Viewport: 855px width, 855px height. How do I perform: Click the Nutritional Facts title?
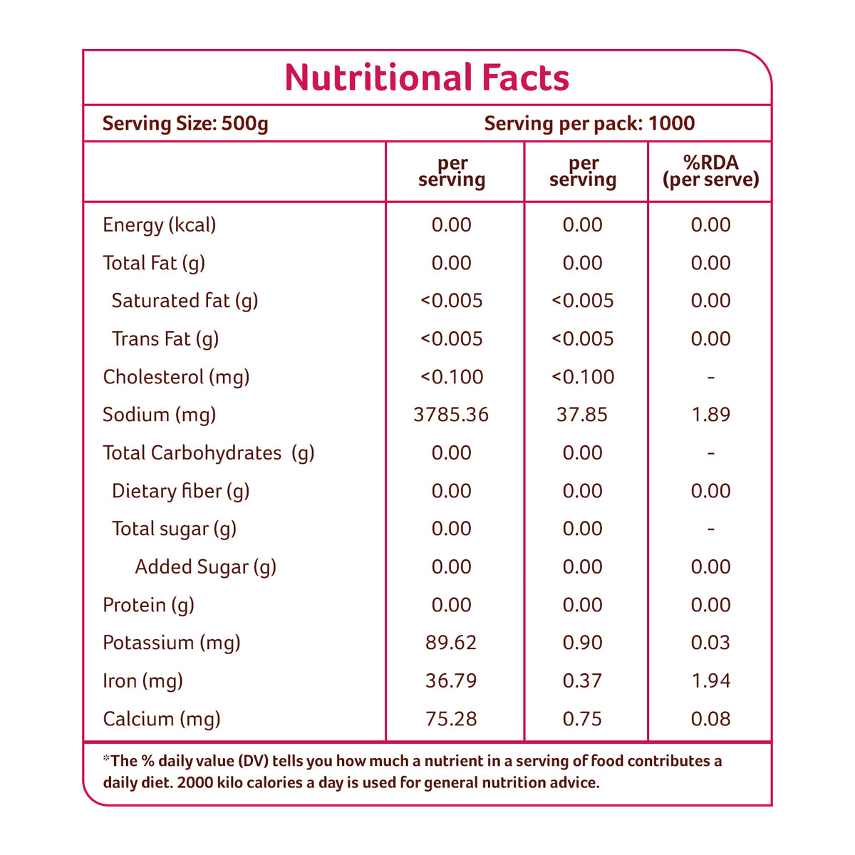[x=427, y=78]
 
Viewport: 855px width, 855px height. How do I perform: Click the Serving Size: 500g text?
[x=185, y=124]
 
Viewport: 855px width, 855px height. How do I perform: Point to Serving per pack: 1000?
[x=589, y=124]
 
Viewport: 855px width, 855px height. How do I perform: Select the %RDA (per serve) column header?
[x=710, y=171]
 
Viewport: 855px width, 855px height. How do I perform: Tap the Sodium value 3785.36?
[x=451, y=415]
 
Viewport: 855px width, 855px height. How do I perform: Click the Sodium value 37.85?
[x=582, y=415]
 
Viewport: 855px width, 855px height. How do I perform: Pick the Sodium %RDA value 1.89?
[x=710, y=415]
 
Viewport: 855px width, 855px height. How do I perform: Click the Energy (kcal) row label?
[x=159, y=225]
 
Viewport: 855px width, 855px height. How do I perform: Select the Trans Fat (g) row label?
[x=165, y=339]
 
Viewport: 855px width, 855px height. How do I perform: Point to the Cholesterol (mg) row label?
[x=176, y=377]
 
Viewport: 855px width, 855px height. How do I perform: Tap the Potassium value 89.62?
[x=451, y=643]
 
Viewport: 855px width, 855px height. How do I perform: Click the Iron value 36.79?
[x=451, y=681]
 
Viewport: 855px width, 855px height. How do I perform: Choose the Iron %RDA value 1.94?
[x=710, y=681]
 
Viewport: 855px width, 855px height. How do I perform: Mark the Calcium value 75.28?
[x=451, y=719]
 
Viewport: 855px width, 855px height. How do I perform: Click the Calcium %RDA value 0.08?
[x=710, y=719]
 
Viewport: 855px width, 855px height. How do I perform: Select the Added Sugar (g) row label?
[x=205, y=567]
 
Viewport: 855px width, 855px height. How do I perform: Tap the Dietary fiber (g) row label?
[x=180, y=491]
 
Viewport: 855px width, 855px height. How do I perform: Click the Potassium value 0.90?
[x=582, y=643]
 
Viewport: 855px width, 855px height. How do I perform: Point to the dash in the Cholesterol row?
[x=710, y=377]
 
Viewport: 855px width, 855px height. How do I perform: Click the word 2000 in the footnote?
[x=195, y=783]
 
